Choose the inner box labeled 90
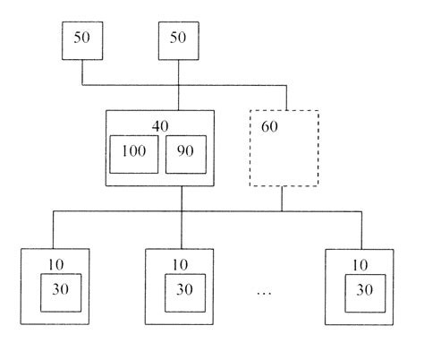pos(185,155)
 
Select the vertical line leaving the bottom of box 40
pos(182,199)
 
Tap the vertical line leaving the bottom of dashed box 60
pos(282,199)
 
